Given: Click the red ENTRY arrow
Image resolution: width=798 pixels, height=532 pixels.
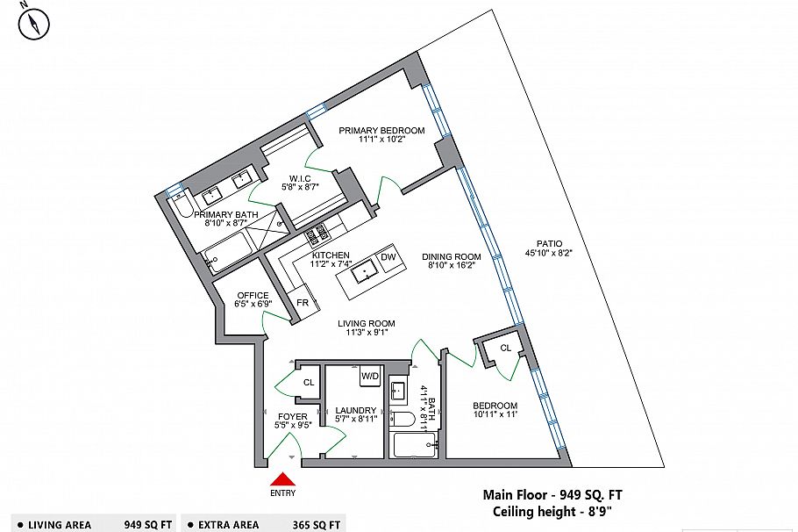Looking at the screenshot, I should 282,479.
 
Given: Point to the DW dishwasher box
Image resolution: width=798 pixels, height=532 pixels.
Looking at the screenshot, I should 388,257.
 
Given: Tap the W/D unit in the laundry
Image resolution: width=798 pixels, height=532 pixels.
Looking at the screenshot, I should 369,377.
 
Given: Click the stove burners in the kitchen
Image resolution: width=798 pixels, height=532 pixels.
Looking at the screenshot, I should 316,234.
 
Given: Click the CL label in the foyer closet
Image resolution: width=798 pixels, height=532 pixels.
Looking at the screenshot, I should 309,383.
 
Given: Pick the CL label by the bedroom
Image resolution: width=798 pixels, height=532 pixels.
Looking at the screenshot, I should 506,349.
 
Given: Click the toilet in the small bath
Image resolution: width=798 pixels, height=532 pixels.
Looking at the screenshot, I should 402,418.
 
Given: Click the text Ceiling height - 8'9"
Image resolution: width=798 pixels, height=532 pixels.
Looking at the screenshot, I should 552,511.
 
